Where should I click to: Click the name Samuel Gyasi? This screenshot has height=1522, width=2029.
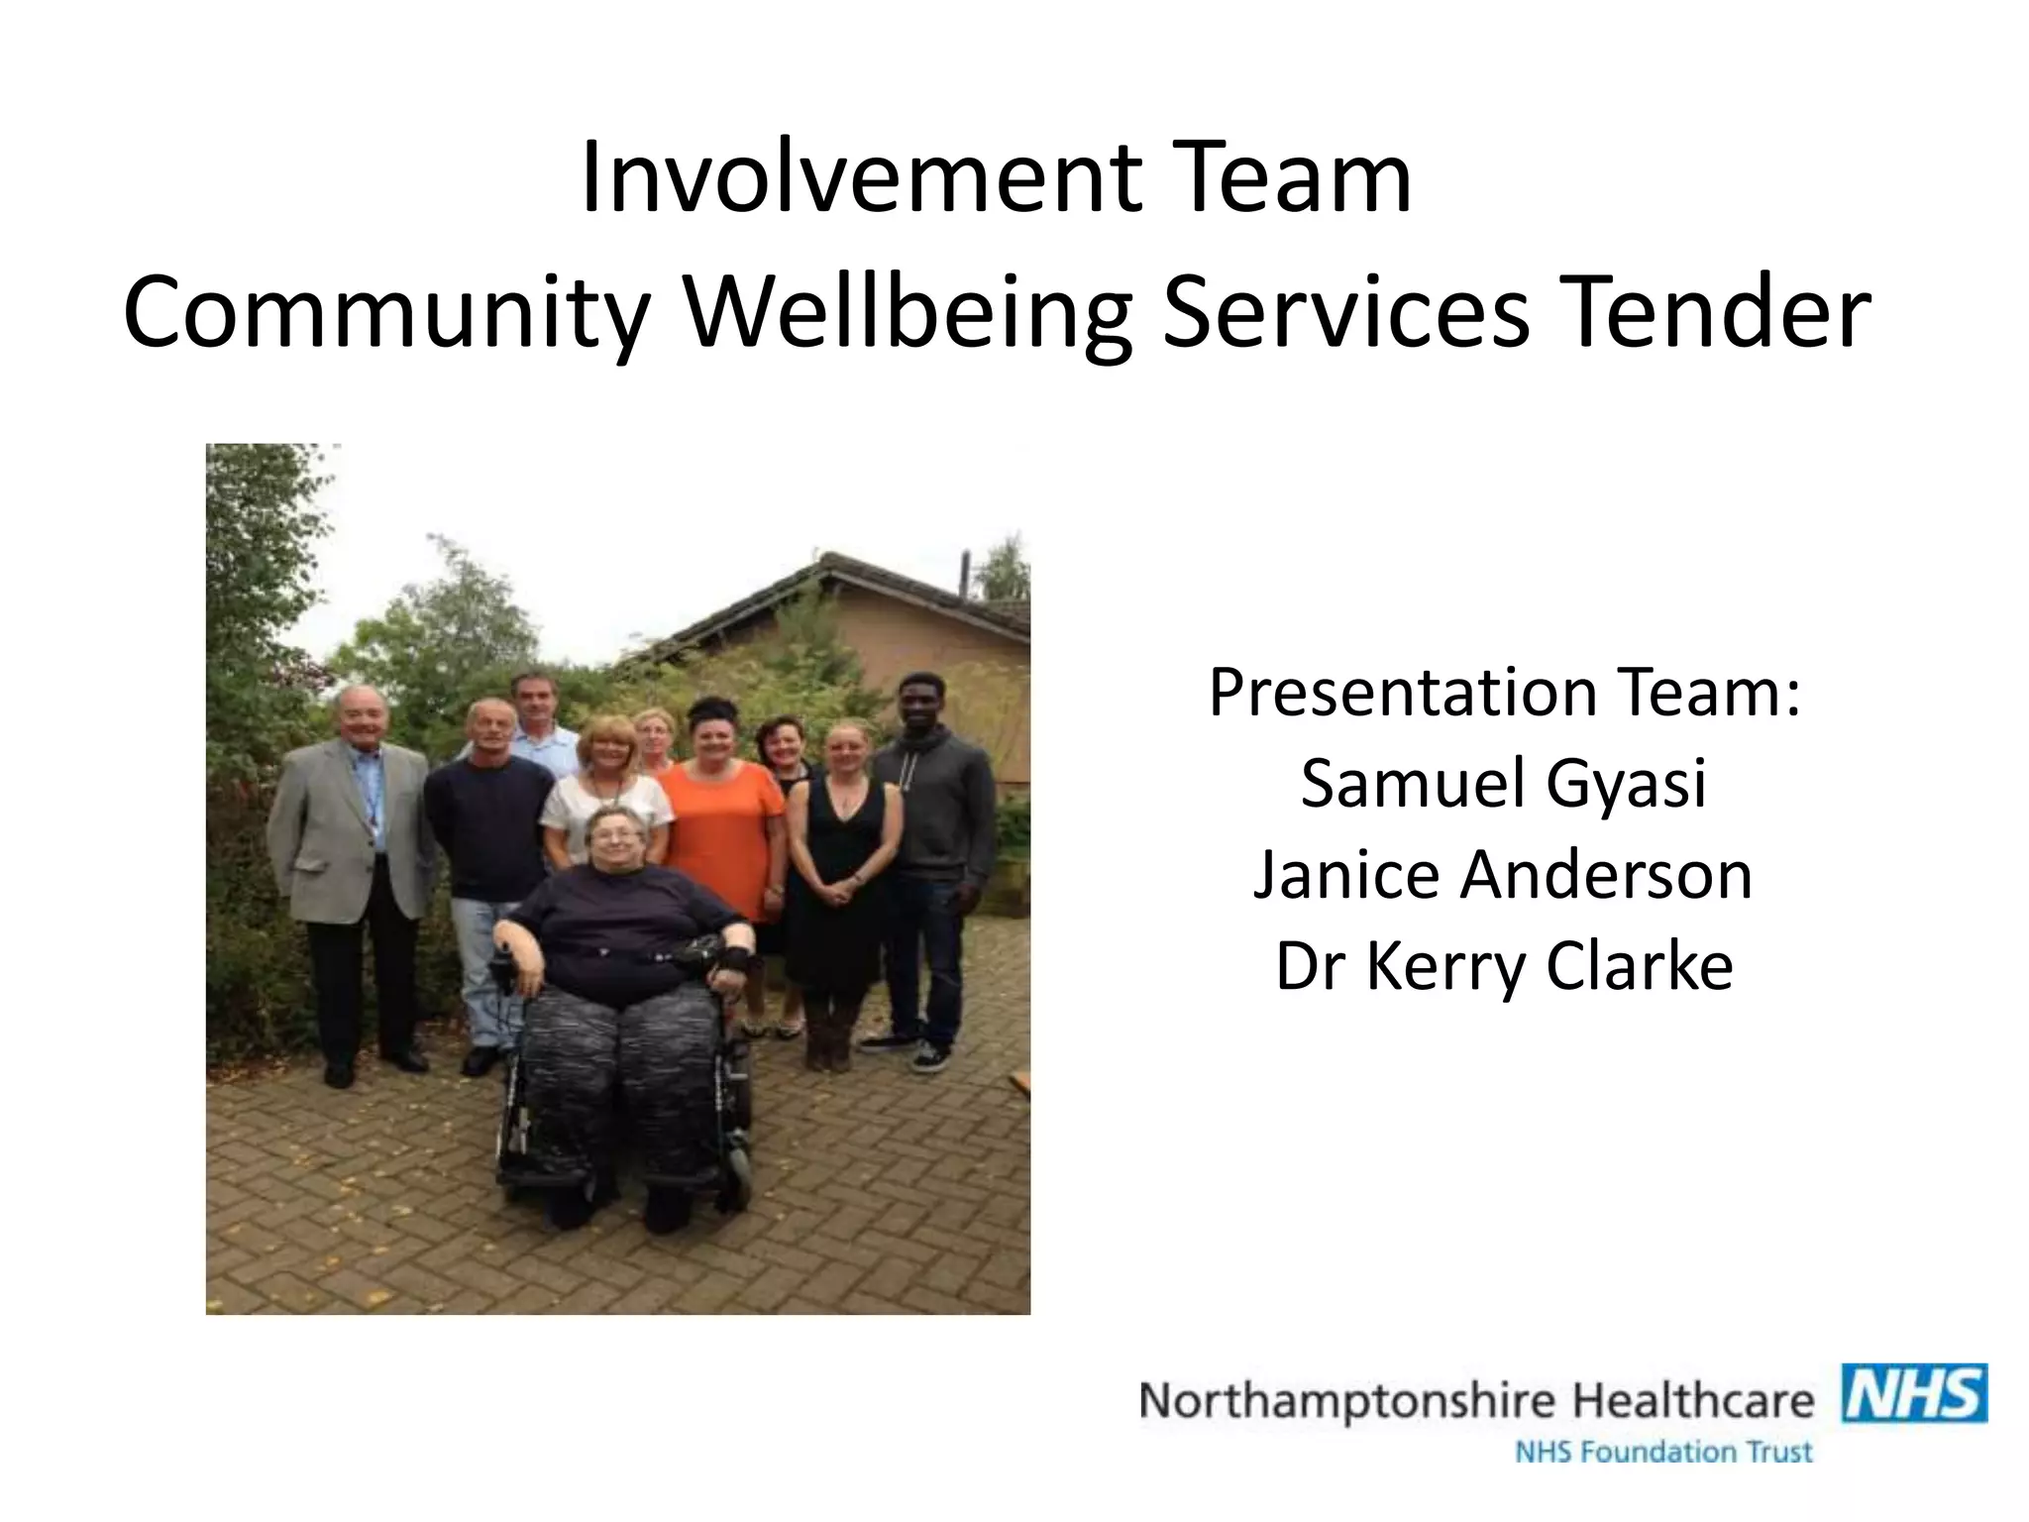point(1503,783)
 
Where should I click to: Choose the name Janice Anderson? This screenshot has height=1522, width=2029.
point(1503,875)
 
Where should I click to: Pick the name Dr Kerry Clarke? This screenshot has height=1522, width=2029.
point(1503,966)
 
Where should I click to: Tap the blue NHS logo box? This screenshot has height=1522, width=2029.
point(1913,1394)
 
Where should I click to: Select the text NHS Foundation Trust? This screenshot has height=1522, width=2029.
point(1663,1453)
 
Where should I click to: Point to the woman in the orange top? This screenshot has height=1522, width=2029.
point(721,822)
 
